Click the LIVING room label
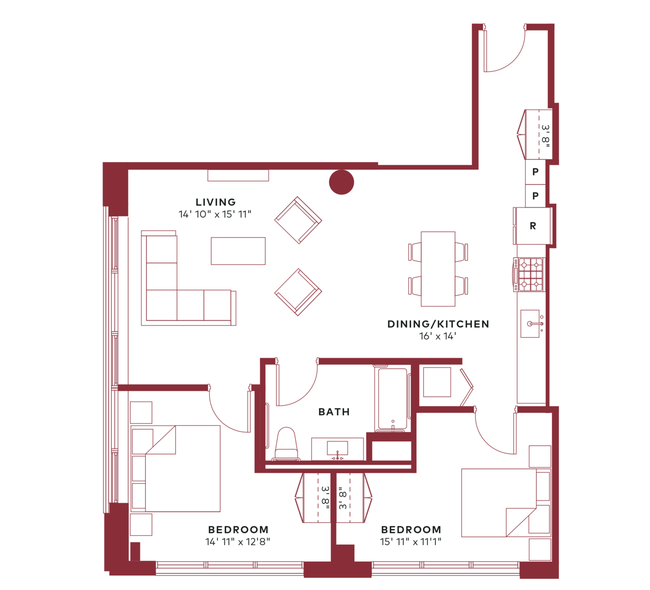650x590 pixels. pos(216,202)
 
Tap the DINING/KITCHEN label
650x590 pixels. pos(438,324)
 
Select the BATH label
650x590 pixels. pos(334,412)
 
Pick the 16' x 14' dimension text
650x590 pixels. pos(438,336)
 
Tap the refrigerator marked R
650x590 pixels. pos(533,226)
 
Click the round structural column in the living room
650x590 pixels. pos(342,182)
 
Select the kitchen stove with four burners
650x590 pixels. pos(529,274)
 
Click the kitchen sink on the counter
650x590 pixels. pos(530,323)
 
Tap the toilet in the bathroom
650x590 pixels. pos(286,444)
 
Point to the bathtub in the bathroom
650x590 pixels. pos(393,399)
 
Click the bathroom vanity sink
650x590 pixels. pos(337,449)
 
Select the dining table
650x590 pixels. pos(438,269)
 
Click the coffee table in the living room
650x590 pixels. pos(238,251)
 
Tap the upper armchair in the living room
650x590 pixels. pos(298,220)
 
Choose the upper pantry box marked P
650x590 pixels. pos(536,172)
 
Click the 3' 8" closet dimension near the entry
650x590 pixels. pos(545,136)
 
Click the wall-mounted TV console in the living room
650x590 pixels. pos(238,176)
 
